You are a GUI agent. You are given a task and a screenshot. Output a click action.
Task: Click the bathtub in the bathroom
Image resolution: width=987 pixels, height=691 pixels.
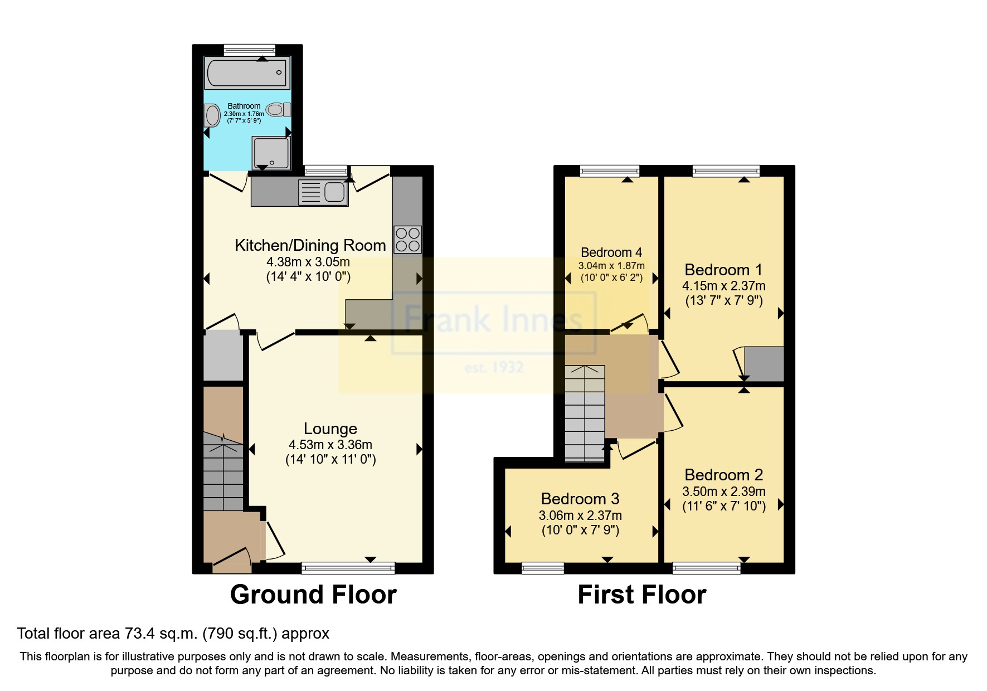[247, 73]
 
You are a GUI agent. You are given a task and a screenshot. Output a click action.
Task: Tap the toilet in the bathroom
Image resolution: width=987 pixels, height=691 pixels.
[278, 110]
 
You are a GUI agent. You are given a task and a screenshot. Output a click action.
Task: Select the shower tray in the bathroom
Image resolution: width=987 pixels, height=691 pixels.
[271, 153]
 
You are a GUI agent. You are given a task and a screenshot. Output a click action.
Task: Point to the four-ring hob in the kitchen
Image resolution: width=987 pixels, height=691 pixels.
[407, 239]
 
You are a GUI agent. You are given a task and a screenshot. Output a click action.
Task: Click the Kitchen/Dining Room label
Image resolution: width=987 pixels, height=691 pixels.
[310, 245]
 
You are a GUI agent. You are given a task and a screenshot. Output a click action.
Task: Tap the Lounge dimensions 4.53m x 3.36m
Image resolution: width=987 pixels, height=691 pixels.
[330, 445]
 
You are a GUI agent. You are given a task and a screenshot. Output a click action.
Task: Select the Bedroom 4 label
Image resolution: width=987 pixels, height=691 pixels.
[611, 252]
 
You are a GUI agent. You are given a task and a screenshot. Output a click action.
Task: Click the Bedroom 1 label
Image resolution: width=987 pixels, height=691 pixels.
[723, 270]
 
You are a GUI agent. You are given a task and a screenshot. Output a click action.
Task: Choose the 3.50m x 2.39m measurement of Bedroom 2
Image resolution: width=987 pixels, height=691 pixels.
[723, 492]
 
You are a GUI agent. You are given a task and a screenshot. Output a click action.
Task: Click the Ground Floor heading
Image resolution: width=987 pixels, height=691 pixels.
[313, 595]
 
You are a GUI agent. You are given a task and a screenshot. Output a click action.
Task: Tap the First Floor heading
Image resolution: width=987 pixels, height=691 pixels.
[641, 595]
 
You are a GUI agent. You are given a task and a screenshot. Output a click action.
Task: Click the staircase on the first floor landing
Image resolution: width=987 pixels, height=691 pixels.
[584, 413]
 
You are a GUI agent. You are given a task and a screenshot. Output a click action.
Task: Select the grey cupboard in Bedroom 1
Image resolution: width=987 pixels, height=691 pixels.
[764, 363]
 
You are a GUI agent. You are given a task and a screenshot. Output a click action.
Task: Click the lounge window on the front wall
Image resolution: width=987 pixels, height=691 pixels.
[348, 568]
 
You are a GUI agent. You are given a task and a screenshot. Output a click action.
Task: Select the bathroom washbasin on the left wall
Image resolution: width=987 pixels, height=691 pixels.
[212, 116]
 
